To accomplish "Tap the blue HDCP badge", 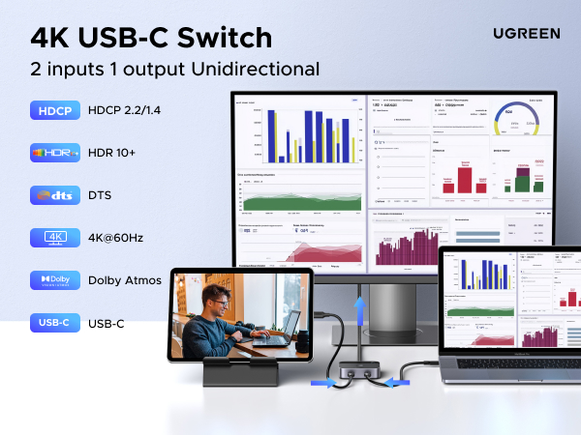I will tap(54, 110).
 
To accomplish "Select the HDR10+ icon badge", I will tap(54, 153).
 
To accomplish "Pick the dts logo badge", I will tap(54, 195).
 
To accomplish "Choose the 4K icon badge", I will tap(54, 238).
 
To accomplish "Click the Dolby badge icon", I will tap(54, 280).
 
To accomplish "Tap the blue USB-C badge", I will tap(54, 323).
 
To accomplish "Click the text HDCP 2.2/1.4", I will tap(124, 110).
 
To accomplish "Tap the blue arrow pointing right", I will tap(322, 382).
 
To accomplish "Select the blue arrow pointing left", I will tap(399, 381).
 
